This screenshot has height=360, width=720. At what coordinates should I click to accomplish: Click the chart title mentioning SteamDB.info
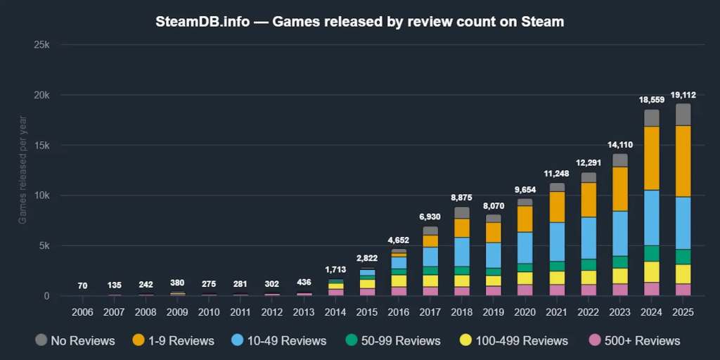(x=359, y=21)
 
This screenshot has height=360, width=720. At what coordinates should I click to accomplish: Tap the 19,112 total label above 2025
(x=683, y=95)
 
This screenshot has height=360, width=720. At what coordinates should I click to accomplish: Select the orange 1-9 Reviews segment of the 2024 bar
(x=652, y=158)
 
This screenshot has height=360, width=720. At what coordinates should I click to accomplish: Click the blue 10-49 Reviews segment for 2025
(x=683, y=223)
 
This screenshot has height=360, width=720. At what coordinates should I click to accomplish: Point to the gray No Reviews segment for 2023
(x=620, y=160)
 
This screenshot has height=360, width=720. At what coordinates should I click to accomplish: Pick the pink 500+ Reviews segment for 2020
(x=525, y=290)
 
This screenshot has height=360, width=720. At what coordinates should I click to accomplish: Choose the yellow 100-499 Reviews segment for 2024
(x=652, y=271)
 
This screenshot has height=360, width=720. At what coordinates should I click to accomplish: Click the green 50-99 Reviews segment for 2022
(x=589, y=264)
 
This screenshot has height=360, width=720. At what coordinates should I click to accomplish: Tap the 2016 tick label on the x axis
(x=399, y=311)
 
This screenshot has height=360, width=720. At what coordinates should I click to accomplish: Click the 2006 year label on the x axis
(x=82, y=311)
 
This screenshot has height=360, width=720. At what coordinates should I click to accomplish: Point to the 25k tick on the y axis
(x=43, y=45)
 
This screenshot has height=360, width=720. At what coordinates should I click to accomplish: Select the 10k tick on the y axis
(x=43, y=195)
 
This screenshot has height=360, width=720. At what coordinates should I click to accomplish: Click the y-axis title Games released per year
(x=22, y=171)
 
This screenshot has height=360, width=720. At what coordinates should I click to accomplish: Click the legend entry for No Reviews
(x=75, y=341)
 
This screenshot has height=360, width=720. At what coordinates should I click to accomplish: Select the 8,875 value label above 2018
(x=462, y=198)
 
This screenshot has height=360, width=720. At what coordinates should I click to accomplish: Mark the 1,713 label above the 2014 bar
(x=335, y=270)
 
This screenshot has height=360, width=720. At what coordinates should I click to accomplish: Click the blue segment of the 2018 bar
(x=462, y=252)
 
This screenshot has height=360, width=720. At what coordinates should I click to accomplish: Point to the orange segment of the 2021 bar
(x=557, y=207)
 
